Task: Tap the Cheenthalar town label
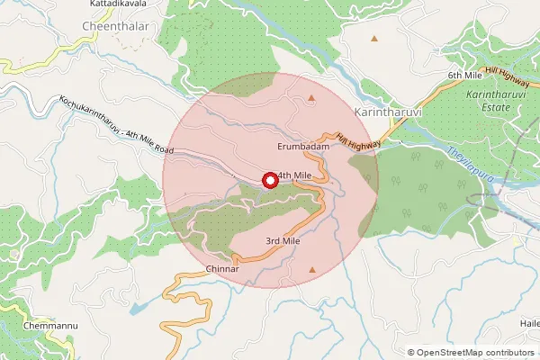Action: click(114, 27)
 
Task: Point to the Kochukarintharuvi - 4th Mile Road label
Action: click(116, 127)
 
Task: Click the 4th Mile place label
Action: click(294, 175)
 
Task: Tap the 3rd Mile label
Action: click(282, 241)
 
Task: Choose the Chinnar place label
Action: click(221, 269)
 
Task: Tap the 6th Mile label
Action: click(467, 75)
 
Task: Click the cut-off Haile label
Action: click(529, 323)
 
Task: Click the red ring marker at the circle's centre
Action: click(268, 180)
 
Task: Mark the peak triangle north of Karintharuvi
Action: click(374, 40)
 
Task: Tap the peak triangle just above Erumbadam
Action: click(312, 97)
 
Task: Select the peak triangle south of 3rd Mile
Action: click(312, 269)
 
